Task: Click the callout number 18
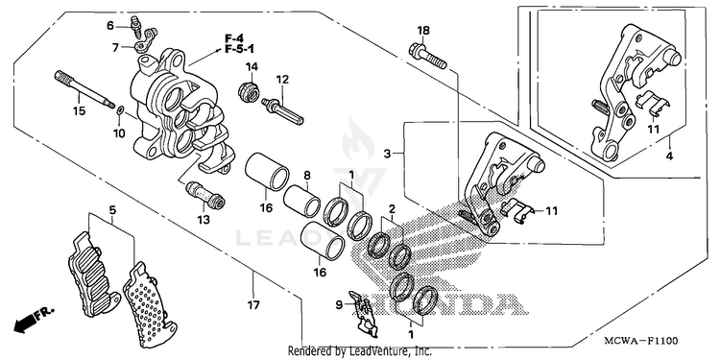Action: [423, 31]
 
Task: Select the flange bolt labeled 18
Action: [427, 56]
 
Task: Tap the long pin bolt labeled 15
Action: [84, 90]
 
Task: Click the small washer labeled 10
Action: [119, 110]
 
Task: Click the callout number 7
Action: [115, 47]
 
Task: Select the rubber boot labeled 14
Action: [249, 89]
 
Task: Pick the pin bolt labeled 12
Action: [282, 110]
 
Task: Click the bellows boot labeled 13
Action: [205, 195]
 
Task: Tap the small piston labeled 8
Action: [302, 201]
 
